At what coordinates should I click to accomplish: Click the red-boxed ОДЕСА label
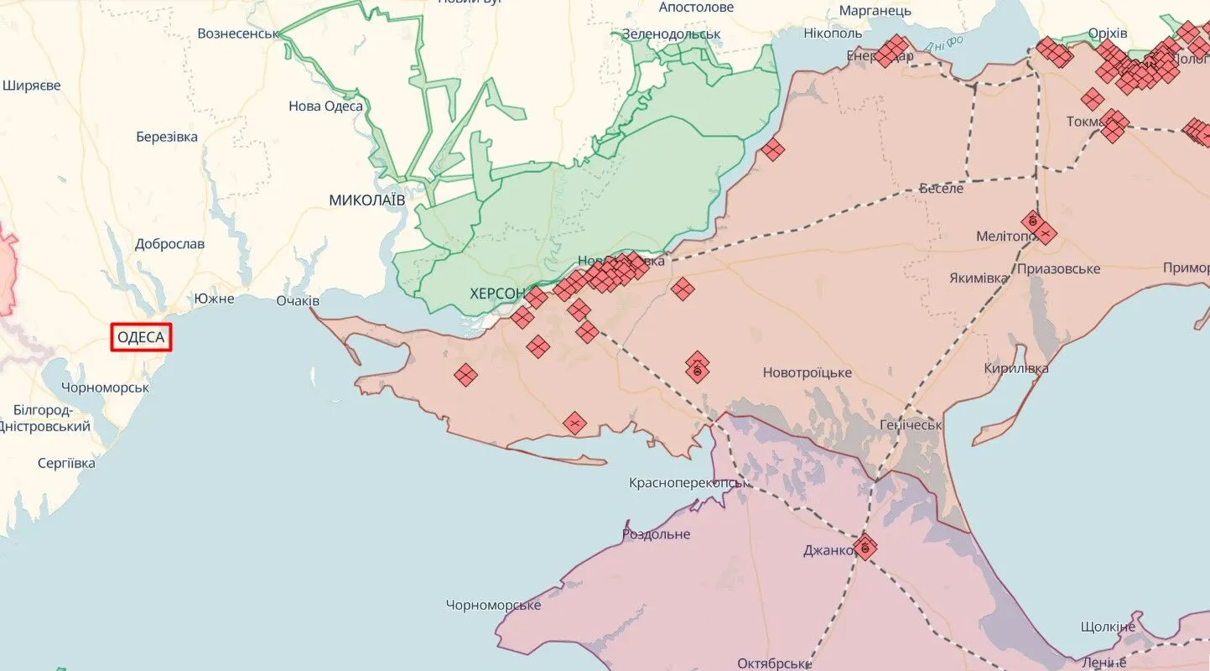[x=141, y=338]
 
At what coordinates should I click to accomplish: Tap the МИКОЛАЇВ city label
[x=366, y=200]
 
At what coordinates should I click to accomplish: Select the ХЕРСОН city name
[x=497, y=294]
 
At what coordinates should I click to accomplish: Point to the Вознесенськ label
[x=237, y=34]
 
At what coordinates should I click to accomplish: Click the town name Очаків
[x=298, y=300]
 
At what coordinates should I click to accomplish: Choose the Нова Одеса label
[x=325, y=106]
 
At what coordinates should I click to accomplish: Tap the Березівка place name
[x=167, y=137]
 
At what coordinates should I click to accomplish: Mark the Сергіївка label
[x=66, y=463]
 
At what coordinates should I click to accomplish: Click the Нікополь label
[x=832, y=34]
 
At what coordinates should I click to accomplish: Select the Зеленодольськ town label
[x=671, y=34]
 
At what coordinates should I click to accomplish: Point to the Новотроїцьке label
[x=807, y=372]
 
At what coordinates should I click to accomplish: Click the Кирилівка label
[x=1016, y=368]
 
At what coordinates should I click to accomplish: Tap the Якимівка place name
[x=979, y=278]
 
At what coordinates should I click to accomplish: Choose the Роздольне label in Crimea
[x=656, y=534]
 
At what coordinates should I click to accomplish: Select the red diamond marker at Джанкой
[x=865, y=548]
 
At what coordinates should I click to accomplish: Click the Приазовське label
[x=1058, y=269]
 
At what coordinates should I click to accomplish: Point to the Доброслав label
[x=169, y=244]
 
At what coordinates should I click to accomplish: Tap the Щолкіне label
[x=1108, y=627]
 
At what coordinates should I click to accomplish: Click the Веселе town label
[x=941, y=188]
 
